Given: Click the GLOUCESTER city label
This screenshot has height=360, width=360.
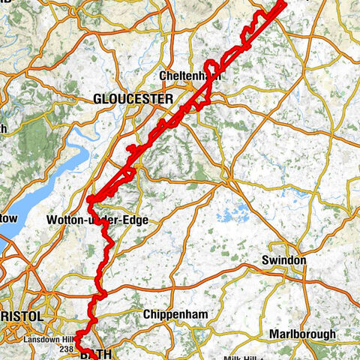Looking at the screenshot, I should point(133,99).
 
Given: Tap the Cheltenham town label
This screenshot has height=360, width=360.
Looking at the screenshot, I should point(186,76).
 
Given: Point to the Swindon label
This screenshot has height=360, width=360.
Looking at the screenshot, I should point(284,259).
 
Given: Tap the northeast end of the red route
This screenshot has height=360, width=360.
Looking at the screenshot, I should point(284,4).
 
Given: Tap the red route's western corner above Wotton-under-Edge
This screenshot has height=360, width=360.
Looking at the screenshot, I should point(89,199).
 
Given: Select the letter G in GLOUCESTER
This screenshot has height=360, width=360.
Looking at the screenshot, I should point(98,99).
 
